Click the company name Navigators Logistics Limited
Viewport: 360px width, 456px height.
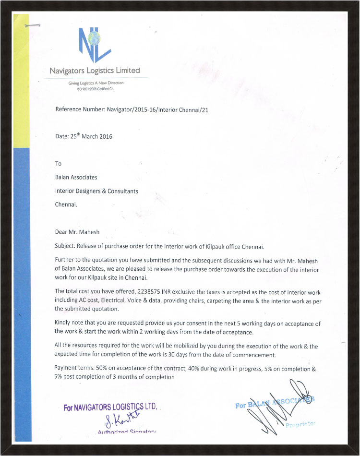click(95, 71)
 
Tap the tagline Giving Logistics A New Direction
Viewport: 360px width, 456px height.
click(96, 83)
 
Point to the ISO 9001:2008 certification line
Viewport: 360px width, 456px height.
click(96, 89)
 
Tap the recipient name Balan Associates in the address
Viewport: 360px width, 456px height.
click(76, 177)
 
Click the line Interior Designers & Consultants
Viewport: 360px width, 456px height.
click(96, 191)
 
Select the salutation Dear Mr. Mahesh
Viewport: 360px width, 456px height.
click(78, 232)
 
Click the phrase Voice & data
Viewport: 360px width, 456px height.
click(163, 300)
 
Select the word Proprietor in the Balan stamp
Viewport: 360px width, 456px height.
click(300, 425)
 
